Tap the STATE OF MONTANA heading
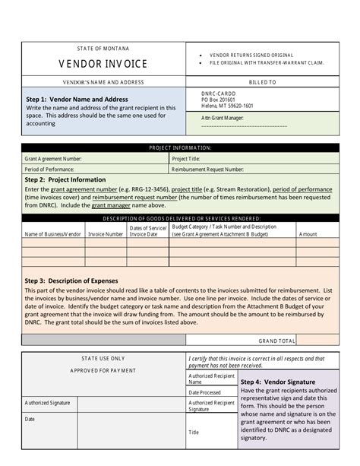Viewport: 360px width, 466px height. (103, 49)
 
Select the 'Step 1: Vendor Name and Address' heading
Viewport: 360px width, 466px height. (77, 100)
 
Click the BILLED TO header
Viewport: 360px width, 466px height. (262, 81)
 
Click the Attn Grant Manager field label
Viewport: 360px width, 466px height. (222, 118)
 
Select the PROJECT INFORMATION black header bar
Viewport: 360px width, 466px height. (180, 147)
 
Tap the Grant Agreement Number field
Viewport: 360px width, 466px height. (53, 159)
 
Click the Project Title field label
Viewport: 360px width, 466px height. (185, 159)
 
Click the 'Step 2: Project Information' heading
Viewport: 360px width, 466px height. (65, 180)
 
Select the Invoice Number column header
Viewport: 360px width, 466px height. (106, 234)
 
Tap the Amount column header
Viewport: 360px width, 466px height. (308, 234)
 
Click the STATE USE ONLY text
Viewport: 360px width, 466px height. (103, 357)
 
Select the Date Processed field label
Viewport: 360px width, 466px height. (204, 392)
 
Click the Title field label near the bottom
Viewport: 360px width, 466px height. (194, 432)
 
